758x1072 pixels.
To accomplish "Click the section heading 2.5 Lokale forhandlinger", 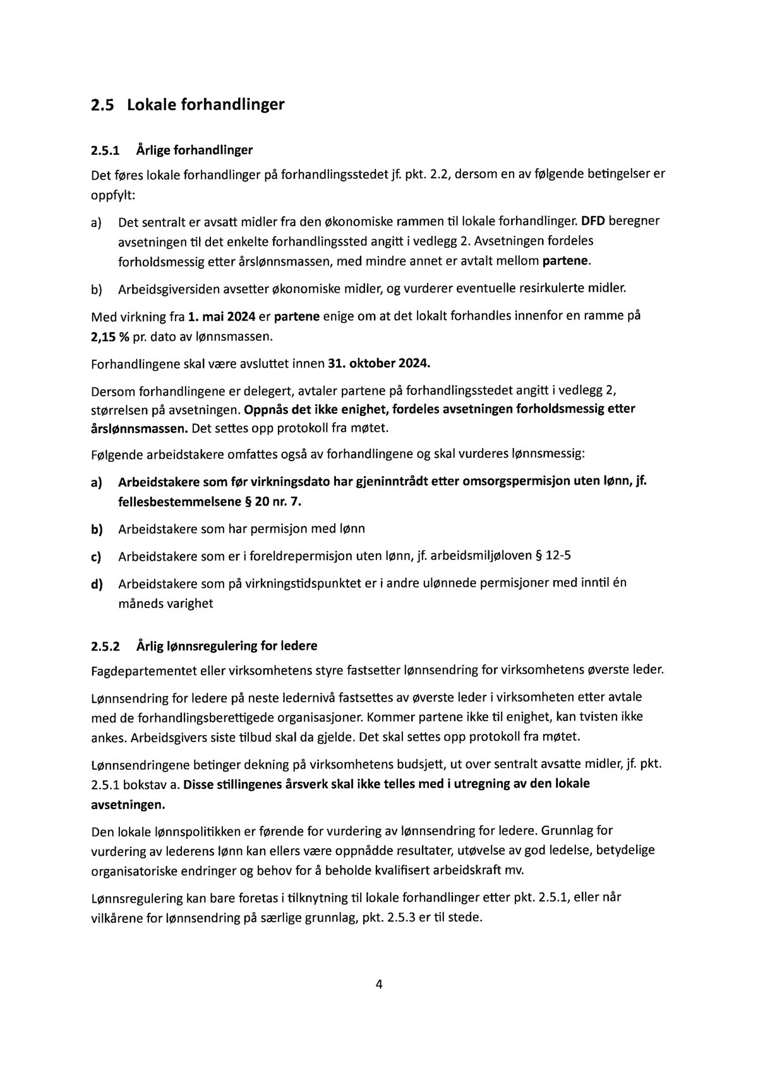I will tap(188, 104).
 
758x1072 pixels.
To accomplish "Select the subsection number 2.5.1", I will tap(105, 150).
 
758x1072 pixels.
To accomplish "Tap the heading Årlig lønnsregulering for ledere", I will tap(227, 646).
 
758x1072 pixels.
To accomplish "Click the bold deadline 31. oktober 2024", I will tap(380, 364).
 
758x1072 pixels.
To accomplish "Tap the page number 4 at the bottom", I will tap(379, 984).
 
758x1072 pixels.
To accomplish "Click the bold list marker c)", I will tap(96, 557).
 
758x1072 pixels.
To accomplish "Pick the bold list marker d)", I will tap(96, 584).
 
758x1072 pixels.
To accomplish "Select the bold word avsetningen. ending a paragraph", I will tap(128, 805).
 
